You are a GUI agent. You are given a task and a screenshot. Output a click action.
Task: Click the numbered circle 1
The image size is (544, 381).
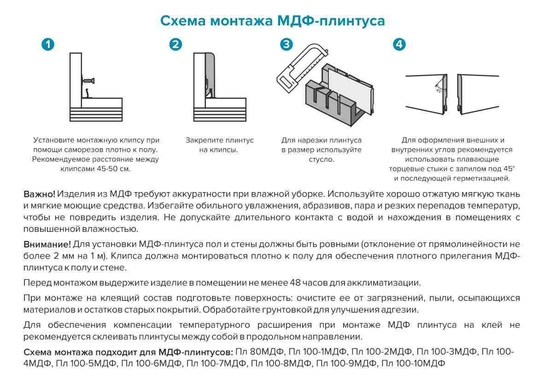pos(48,44)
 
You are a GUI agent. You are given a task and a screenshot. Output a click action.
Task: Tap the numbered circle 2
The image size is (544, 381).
pos(175,44)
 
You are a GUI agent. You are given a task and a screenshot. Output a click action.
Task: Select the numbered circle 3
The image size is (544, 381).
pos(287,44)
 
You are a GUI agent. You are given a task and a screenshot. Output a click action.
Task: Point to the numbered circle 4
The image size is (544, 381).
pos(399,44)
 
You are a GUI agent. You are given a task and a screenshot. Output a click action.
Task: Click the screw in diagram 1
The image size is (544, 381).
pos(89,81)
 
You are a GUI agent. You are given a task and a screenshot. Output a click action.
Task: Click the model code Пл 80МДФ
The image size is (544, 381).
pos(256,352)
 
